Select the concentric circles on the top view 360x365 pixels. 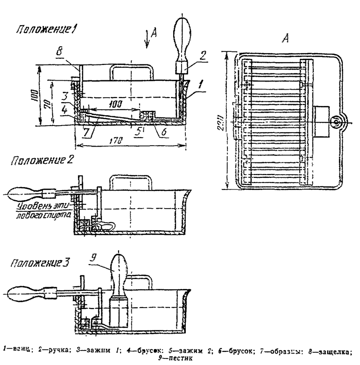point(335,121)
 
